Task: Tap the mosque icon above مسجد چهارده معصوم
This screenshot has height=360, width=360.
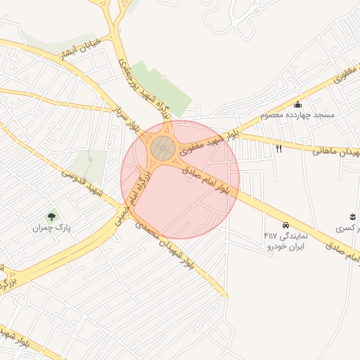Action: click(x=297, y=103)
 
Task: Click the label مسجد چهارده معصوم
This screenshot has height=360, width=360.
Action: click(x=297, y=114)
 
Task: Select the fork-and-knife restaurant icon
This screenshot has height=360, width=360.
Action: click(x=279, y=148)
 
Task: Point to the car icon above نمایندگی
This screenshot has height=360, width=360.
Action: click(x=285, y=225)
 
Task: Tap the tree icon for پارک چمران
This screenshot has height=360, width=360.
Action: click(x=51, y=216)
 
